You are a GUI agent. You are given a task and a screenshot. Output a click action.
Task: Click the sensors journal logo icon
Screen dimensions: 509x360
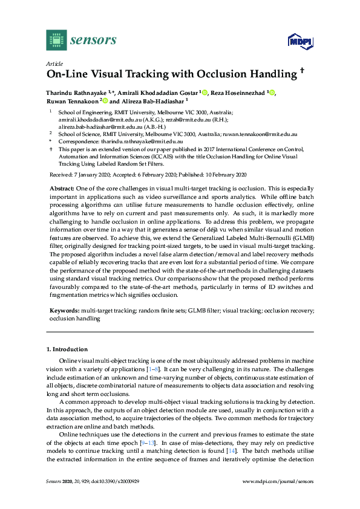(x=56, y=40)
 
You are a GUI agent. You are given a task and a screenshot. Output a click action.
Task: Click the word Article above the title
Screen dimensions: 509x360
(x=53, y=63)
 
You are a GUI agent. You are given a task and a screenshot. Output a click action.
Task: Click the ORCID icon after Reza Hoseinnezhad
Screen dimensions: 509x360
(x=272, y=92)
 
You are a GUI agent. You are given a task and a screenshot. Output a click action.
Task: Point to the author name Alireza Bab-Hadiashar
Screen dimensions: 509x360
(x=145, y=102)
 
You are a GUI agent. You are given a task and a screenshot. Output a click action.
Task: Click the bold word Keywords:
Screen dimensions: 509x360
(x=64, y=309)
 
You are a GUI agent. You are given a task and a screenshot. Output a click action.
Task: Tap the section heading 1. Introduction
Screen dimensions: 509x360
(x=67, y=349)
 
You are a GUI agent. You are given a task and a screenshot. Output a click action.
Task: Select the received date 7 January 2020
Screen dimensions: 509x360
(x=91, y=174)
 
